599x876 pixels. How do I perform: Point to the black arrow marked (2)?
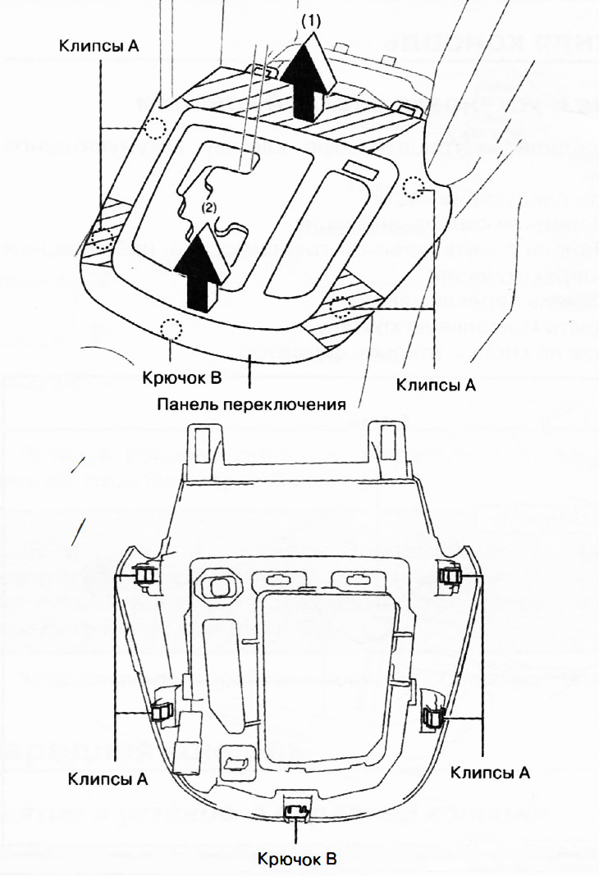202,267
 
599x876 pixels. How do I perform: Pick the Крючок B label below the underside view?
296,859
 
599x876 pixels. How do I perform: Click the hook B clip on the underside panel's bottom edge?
295,811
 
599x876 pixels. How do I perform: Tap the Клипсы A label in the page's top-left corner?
98,46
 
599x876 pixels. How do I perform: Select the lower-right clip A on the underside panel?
432,718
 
